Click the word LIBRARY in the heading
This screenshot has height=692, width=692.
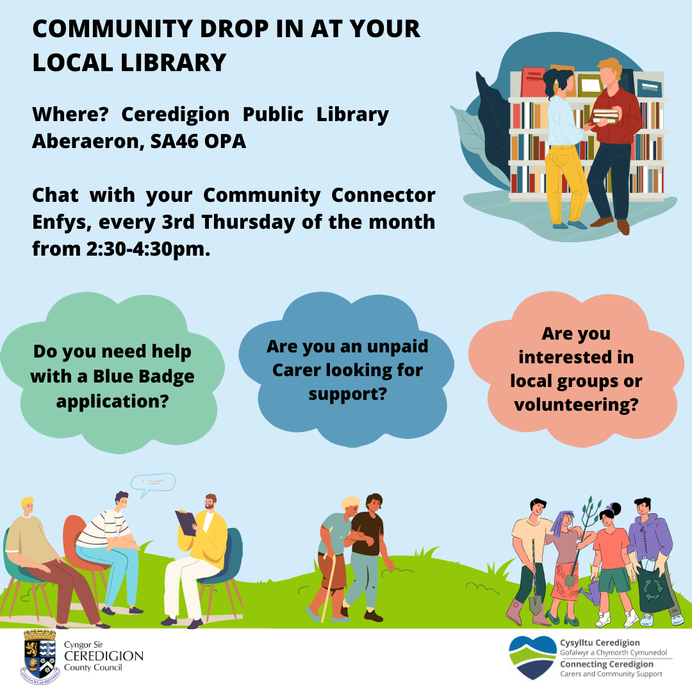tap(174, 62)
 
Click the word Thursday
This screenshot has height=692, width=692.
tap(248, 222)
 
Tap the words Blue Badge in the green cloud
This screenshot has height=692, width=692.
tap(144, 377)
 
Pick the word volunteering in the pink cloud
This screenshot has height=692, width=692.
tap(576, 405)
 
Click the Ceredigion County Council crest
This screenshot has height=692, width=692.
tap(40, 657)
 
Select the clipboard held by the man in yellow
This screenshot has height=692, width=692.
tap(186, 523)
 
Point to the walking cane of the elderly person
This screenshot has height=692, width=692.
tap(329, 587)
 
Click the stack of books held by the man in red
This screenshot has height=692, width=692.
tap(605, 116)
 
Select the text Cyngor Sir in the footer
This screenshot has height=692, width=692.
tap(83, 645)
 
